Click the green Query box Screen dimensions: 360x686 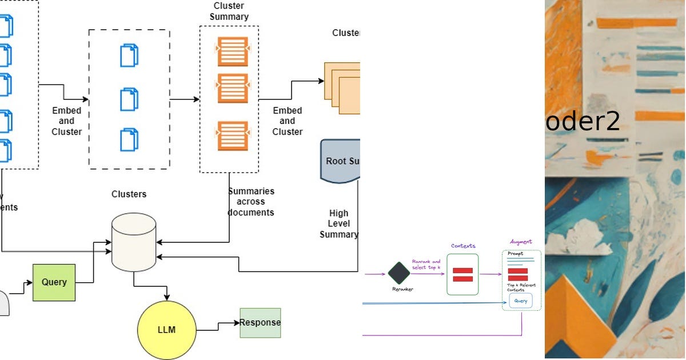[54, 282]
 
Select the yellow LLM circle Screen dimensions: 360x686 [166, 330]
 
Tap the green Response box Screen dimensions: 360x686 [260, 322]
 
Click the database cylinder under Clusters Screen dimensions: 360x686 [134, 242]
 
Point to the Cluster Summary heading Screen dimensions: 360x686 [229, 11]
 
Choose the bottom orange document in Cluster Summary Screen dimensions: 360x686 [232, 136]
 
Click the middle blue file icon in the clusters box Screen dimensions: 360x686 [129, 99]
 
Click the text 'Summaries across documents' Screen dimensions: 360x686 [251, 202]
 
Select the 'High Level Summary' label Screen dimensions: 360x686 [339, 223]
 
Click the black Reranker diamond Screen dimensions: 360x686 [399, 273]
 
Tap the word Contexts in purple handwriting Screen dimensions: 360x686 [463, 246]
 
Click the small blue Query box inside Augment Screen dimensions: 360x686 [521, 301]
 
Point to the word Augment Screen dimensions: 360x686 [521, 242]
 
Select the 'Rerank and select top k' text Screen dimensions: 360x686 [426, 265]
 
